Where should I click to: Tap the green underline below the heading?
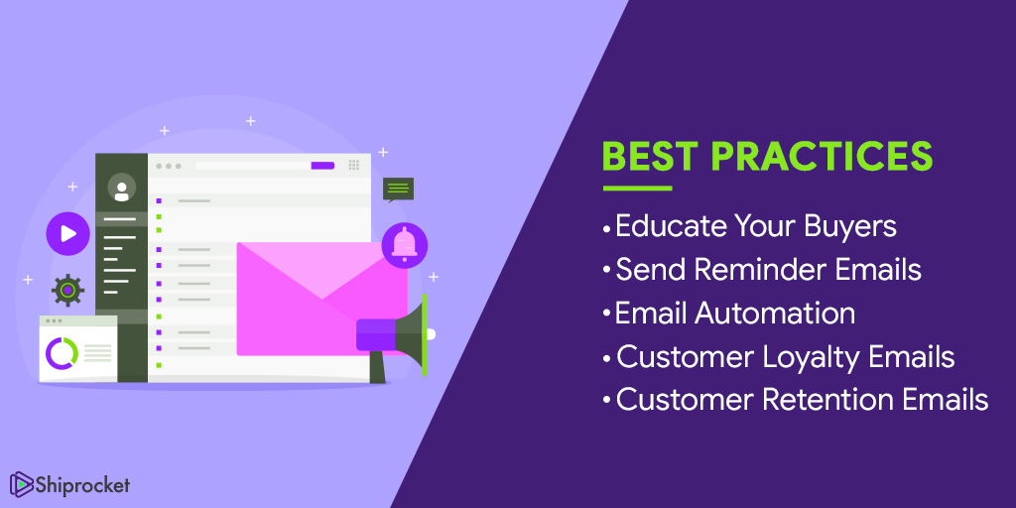637,189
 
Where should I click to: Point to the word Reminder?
768,269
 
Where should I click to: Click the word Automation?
776,313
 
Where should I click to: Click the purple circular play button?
67,234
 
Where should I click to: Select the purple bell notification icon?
404,244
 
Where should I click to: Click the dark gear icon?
67,290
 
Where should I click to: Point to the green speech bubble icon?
398,190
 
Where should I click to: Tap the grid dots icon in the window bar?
354,166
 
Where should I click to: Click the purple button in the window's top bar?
322,166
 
